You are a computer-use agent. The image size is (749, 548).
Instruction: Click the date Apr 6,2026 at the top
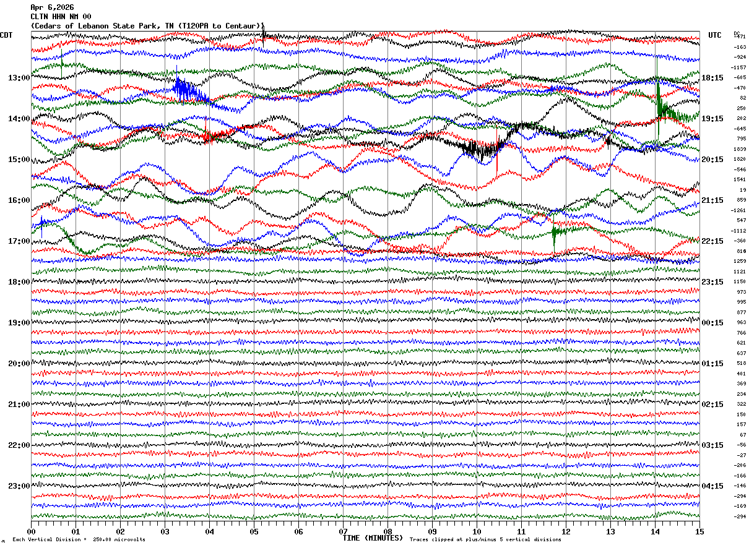[x=52, y=7]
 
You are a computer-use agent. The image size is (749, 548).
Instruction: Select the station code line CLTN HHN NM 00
[x=61, y=17]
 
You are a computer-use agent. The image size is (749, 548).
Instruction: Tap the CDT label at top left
[x=7, y=35]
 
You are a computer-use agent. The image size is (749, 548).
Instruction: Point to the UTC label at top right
[x=715, y=35]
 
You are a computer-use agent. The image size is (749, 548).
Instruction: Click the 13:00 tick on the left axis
[x=19, y=78]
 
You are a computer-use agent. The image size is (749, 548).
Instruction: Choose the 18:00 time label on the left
[x=19, y=282]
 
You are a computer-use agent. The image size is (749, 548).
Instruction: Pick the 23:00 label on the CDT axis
[x=19, y=486]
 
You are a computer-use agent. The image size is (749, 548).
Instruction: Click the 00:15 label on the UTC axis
[x=712, y=323]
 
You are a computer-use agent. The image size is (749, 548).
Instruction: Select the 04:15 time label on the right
[x=712, y=486]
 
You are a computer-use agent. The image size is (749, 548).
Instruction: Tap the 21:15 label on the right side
[x=712, y=200]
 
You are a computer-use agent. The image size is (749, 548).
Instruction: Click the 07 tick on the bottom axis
[x=343, y=531]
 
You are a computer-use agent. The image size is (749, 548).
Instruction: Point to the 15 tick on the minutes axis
[x=699, y=531]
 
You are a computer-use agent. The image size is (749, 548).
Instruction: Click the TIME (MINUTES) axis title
[x=373, y=538]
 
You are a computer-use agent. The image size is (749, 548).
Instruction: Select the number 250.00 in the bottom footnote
[x=103, y=540]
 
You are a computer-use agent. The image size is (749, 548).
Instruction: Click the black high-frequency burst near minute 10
[x=480, y=148]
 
